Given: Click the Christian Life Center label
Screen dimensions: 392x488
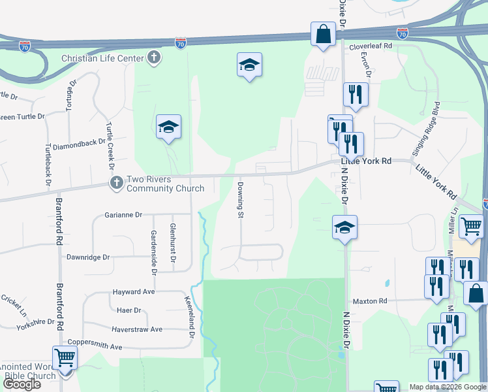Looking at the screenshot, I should click(x=102, y=58).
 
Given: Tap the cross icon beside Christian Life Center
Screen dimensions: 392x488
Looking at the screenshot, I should click(x=154, y=57).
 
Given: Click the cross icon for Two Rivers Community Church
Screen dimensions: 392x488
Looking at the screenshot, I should click(x=117, y=183).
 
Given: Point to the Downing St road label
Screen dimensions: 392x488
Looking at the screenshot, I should click(x=240, y=200).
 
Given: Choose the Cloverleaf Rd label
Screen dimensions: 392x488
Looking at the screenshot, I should click(x=371, y=46).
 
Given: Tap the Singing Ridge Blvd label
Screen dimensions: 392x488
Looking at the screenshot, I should click(x=424, y=130).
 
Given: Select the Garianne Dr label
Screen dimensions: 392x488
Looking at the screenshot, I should click(x=123, y=214).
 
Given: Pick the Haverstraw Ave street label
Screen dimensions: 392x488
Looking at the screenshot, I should click(x=137, y=329).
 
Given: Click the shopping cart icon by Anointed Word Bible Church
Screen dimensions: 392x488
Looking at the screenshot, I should click(x=65, y=357).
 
